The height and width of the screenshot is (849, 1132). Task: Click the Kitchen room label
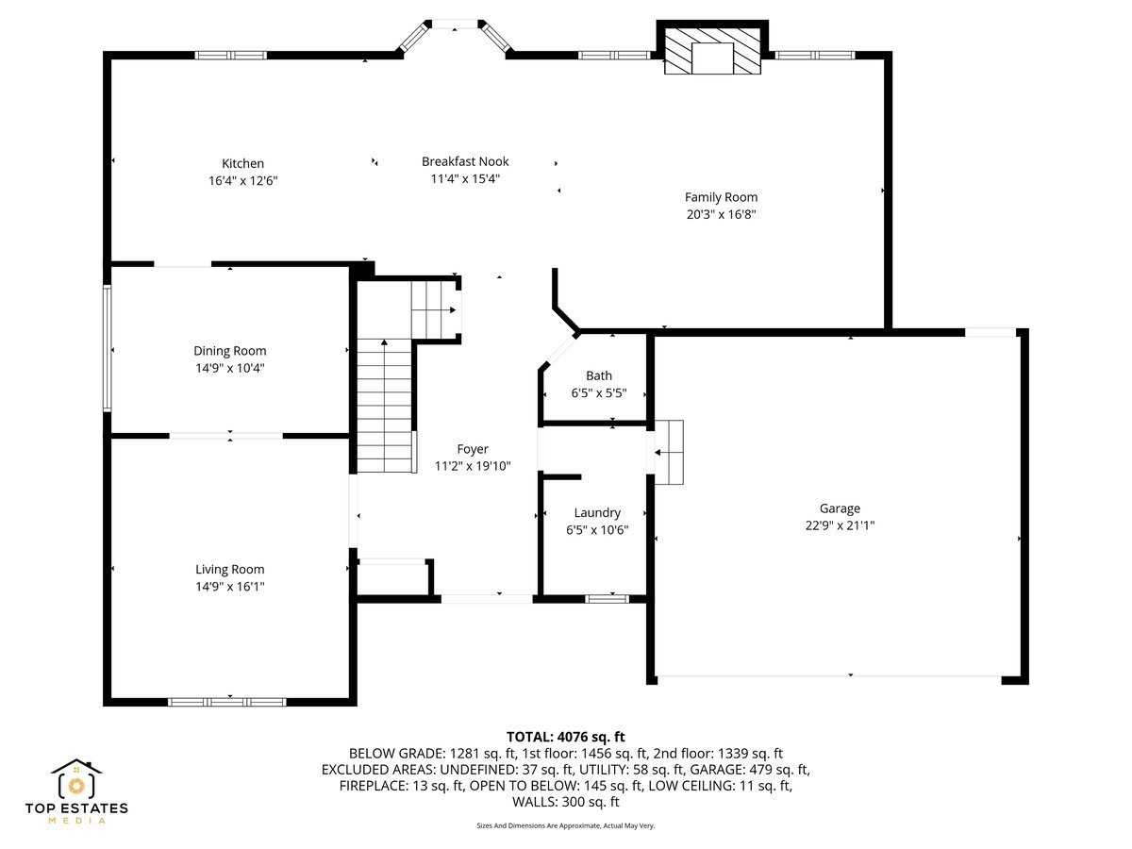(x=242, y=163)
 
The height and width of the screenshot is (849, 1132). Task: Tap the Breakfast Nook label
(x=465, y=161)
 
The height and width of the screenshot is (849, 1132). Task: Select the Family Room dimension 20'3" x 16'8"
(x=721, y=214)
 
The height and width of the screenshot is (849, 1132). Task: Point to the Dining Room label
(x=230, y=351)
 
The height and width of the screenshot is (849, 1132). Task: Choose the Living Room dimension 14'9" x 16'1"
(x=230, y=587)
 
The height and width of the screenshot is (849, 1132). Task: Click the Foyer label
(x=473, y=449)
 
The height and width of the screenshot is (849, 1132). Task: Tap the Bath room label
(x=598, y=375)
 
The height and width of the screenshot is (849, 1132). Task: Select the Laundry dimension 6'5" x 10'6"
(x=597, y=530)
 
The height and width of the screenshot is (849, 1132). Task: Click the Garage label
(x=840, y=508)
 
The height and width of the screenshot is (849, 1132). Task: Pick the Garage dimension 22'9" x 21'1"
(x=840, y=525)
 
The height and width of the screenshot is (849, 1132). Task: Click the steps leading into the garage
(x=668, y=452)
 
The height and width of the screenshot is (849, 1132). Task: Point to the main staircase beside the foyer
(x=385, y=406)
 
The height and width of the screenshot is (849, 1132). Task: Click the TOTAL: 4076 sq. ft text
(x=566, y=737)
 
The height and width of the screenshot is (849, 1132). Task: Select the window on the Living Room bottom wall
(x=226, y=702)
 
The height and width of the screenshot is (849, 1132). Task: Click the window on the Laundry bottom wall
(x=607, y=598)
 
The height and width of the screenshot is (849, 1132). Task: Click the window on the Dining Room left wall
(x=108, y=347)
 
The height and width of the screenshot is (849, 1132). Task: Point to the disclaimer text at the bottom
(x=566, y=825)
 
